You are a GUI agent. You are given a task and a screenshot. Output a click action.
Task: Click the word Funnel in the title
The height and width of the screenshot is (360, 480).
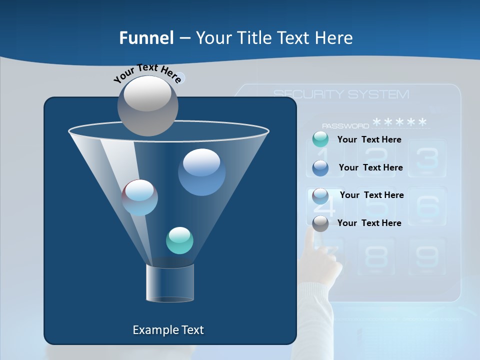(x=146, y=38)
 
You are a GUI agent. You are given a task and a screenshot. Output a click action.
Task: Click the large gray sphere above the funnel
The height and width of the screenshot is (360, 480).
(x=148, y=105)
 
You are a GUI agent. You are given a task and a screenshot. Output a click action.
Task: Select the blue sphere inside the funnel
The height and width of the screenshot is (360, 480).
(x=201, y=172)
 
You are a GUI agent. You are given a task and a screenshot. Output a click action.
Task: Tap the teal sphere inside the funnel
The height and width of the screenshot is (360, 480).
(x=179, y=240)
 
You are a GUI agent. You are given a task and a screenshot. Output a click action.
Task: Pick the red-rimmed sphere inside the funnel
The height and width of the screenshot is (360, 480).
(x=139, y=197)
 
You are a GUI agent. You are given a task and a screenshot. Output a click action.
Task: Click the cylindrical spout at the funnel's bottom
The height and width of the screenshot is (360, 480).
(x=170, y=283)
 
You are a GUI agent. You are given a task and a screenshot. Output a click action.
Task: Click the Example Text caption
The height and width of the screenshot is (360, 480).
(x=168, y=330)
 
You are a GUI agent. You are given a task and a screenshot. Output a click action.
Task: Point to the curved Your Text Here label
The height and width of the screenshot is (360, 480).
(x=147, y=72)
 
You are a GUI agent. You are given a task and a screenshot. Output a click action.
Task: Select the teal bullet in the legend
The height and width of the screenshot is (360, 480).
(x=320, y=139)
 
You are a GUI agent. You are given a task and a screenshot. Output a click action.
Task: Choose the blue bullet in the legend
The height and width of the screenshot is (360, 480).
(x=320, y=167)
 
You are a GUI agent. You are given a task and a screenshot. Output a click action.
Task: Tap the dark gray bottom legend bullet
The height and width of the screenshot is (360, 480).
(x=320, y=223)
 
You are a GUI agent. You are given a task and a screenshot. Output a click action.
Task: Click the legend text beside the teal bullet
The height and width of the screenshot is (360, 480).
(x=369, y=139)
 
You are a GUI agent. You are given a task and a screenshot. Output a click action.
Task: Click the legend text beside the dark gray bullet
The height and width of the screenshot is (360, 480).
(x=369, y=223)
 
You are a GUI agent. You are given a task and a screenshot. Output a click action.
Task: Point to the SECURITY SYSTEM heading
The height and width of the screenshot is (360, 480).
(x=341, y=94)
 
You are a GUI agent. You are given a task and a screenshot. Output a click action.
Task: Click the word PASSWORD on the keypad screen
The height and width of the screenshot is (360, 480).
(x=345, y=126)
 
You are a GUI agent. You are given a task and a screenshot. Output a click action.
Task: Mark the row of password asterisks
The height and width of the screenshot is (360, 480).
(x=400, y=122)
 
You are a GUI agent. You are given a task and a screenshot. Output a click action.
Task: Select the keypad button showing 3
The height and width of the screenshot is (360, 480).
(x=427, y=158)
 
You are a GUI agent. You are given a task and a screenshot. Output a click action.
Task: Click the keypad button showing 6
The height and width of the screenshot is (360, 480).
(x=427, y=205)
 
